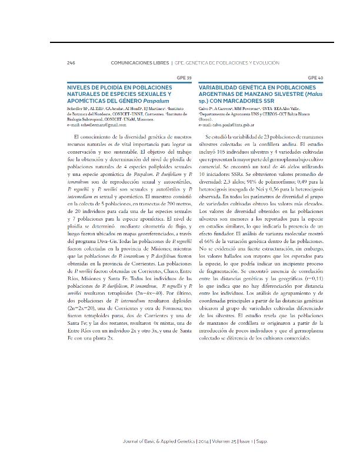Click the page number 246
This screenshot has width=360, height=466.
point(71,62)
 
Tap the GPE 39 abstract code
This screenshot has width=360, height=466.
point(184,77)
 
